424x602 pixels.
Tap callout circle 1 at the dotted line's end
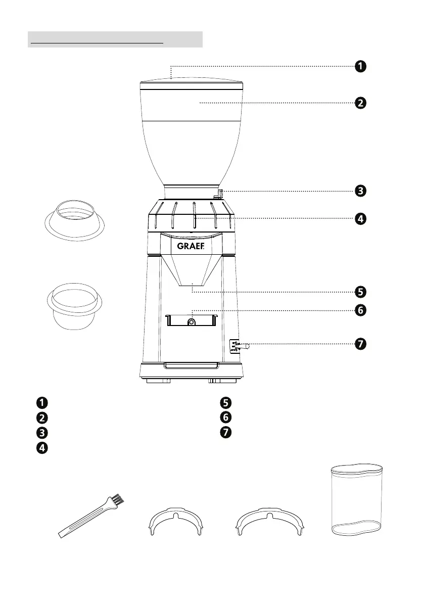360,66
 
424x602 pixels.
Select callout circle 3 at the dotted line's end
360,191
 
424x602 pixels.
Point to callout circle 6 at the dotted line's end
360,310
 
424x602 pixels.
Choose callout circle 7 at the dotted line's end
360,344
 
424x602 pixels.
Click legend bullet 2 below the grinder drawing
41,418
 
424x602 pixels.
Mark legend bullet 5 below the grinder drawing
225,403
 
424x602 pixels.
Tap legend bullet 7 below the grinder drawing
225,432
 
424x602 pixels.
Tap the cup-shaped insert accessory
74,307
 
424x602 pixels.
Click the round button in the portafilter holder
192,322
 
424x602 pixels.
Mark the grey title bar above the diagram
115,39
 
